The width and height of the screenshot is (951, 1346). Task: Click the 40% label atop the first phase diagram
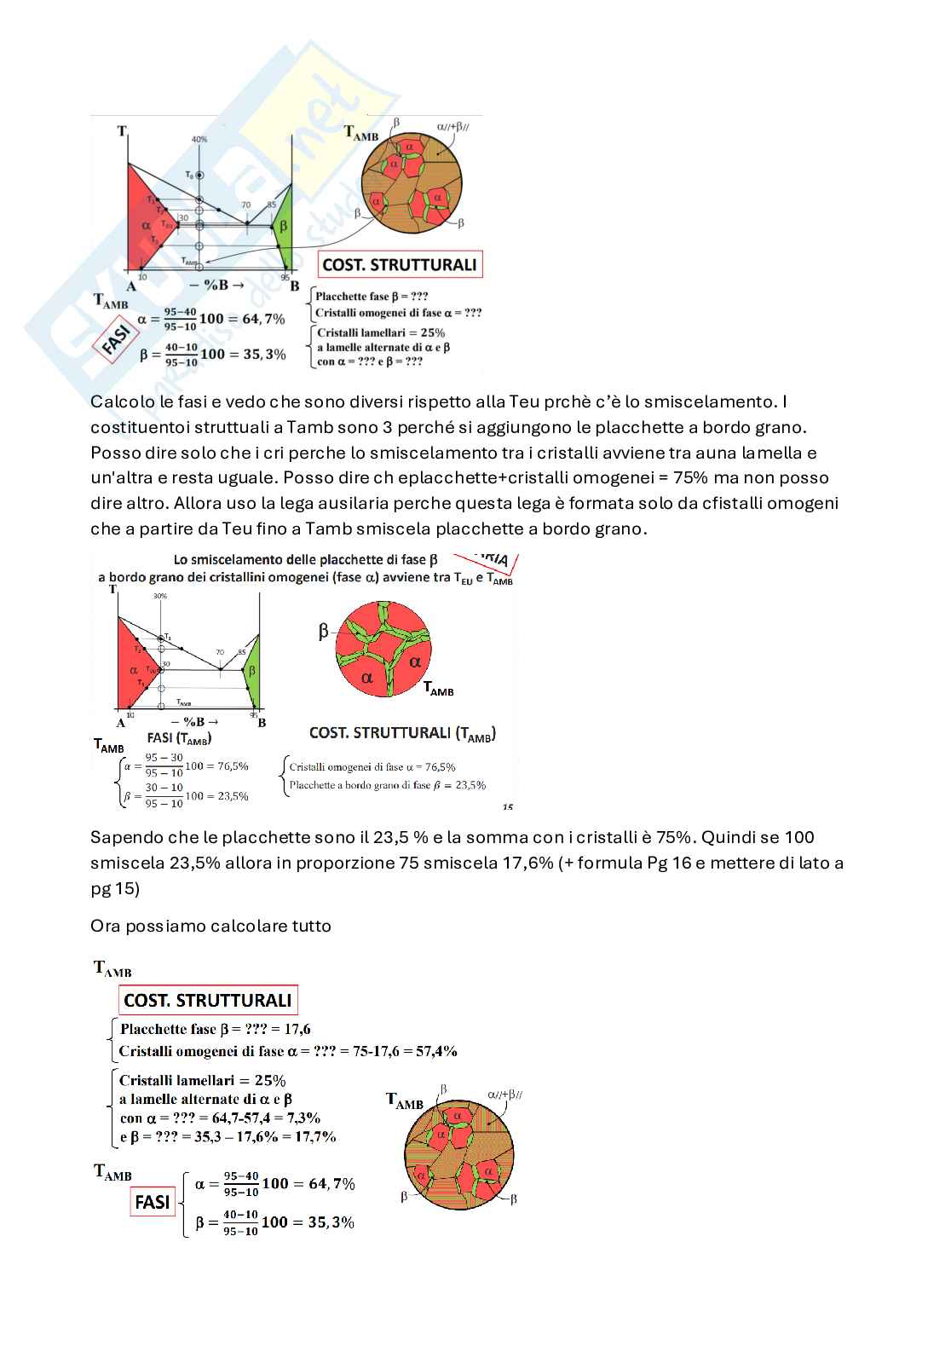coord(199,139)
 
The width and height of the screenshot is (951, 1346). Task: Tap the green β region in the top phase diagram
coord(285,228)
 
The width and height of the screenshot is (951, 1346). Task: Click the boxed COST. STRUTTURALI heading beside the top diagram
coord(399,264)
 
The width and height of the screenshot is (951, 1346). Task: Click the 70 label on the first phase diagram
coord(245,205)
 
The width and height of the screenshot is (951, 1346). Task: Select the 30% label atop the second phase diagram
coord(160,596)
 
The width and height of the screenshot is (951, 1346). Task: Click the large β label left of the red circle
coord(323,632)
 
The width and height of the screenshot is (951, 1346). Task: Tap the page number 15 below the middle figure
coord(508,806)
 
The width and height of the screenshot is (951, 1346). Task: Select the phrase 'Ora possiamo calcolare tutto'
coord(210,926)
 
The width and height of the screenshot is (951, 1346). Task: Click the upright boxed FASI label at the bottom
coord(153,1202)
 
